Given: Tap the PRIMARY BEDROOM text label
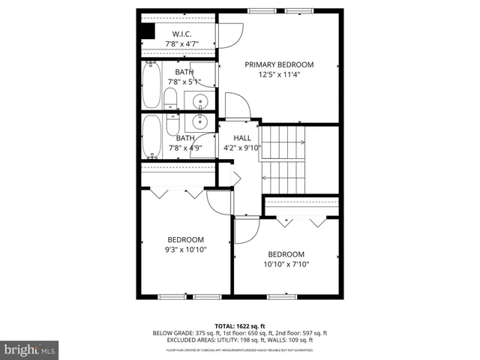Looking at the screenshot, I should coord(279,64).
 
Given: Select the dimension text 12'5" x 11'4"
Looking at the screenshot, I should coord(279,75).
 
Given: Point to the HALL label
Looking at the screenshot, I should coord(242,137).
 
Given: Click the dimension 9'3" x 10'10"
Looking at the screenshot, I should coord(185,250).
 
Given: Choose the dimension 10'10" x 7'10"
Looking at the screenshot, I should coord(286,264).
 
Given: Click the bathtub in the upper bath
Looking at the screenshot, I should coord(151,84).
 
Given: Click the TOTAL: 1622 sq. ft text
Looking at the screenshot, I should coord(239,325).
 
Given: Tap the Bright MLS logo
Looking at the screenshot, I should coord(30,349).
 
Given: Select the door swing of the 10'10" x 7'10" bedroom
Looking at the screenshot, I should coord(247,231).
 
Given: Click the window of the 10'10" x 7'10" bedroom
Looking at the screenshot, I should coord(282,296).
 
